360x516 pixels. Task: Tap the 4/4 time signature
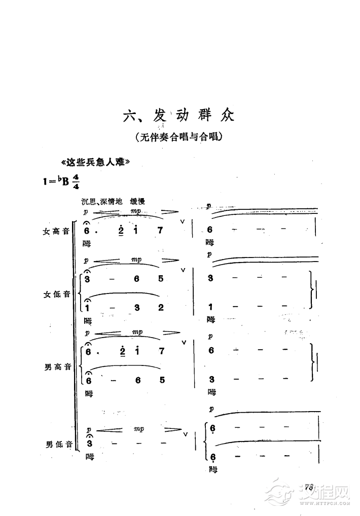pos(76,181)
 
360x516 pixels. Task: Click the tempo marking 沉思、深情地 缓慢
pos(116,201)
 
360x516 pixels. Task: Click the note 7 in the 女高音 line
pos(160,231)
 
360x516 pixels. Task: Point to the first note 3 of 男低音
pos(89,444)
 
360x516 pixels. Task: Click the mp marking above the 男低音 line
pos(139,429)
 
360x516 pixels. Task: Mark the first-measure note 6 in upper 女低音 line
pos(137,278)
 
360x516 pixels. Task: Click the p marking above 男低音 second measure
pos(211,408)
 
